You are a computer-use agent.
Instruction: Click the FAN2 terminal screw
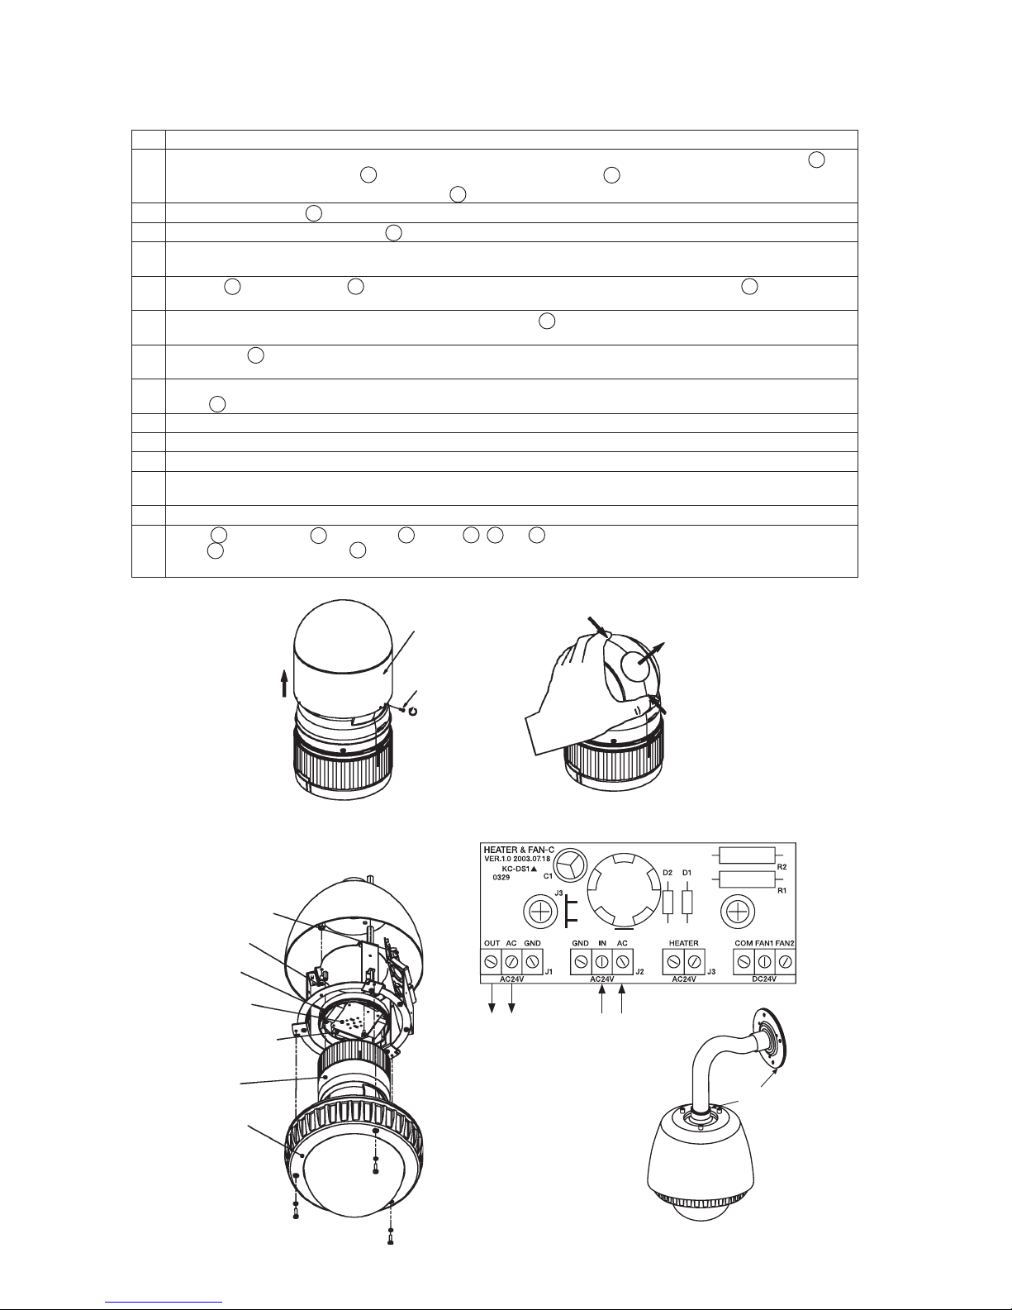784,961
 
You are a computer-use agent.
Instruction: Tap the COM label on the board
744,944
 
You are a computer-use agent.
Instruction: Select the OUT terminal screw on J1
491,961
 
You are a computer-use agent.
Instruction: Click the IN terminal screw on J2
601,961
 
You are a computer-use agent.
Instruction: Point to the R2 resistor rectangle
747,855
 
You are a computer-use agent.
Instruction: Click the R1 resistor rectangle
747,879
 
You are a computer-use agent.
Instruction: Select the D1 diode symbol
687,903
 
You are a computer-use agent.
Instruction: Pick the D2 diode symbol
668,903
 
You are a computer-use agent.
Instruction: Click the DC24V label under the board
764,979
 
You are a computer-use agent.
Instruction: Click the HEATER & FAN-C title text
519,850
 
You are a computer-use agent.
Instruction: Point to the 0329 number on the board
501,877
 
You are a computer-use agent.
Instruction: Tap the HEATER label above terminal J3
684,944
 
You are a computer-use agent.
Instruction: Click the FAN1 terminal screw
764,961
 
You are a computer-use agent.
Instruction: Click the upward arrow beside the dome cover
284,685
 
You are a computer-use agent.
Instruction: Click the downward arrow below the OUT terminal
492,999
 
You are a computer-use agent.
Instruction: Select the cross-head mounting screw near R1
737,912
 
